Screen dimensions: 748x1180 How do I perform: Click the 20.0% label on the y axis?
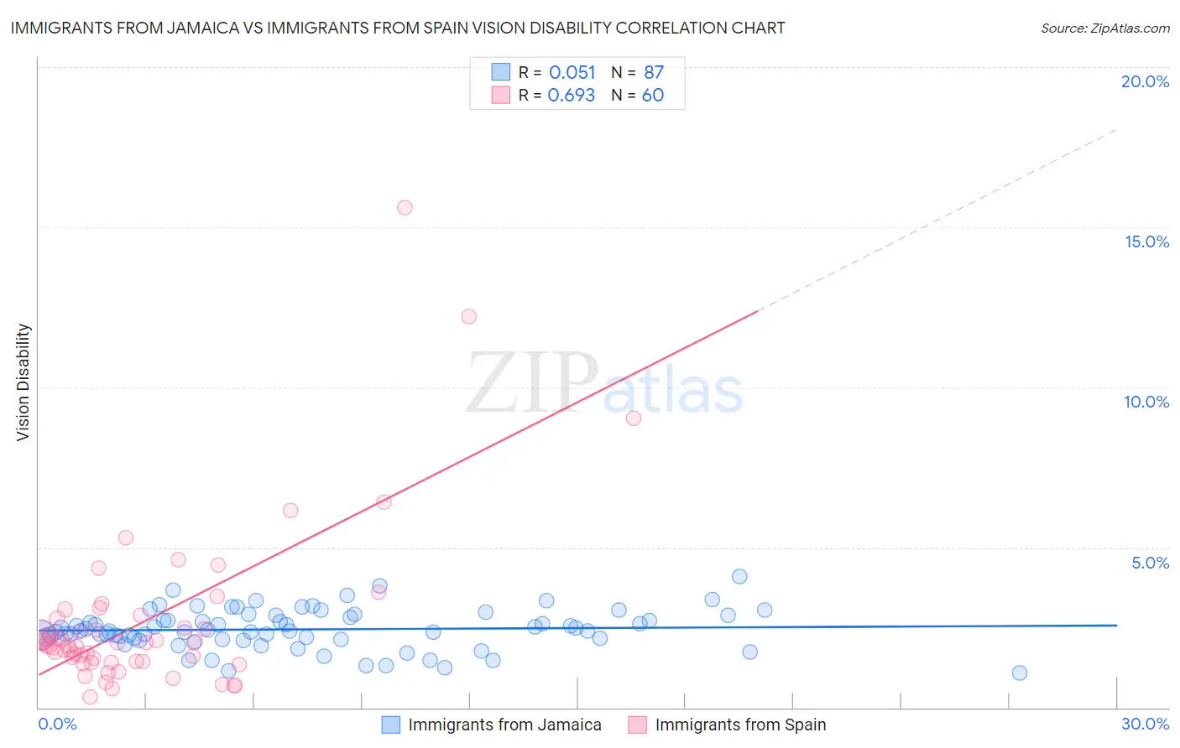[x=1145, y=81]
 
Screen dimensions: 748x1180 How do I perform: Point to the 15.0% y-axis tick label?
[x=1146, y=242]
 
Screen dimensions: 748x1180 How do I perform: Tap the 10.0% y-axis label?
[x=1146, y=402]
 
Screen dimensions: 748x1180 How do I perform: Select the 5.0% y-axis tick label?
[x=1150, y=563]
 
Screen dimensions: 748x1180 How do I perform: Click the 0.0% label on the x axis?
[x=57, y=724]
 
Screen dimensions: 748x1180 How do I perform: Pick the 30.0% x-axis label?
[x=1145, y=724]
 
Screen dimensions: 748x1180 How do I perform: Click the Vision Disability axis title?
[x=23, y=382]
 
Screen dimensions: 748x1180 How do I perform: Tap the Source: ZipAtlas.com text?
[x=1104, y=29]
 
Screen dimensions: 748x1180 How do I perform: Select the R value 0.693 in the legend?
[x=571, y=96]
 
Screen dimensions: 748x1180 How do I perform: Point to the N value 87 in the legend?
[x=654, y=73]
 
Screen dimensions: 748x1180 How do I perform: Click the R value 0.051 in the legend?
[x=572, y=73]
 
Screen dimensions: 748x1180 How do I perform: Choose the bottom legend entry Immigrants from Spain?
[x=740, y=725]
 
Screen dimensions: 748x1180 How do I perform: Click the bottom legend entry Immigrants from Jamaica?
[x=504, y=725]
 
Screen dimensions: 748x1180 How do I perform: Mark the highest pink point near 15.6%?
[x=405, y=207]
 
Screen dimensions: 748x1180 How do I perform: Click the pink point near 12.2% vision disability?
[x=469, y=316]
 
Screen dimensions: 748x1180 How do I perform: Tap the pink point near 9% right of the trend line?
[x=634, y=418]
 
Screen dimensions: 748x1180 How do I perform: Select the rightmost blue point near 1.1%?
[x=1020, y=673]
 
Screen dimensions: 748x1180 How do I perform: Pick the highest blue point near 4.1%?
[x=739, y=576]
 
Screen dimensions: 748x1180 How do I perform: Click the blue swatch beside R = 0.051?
[x=501, y=73]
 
